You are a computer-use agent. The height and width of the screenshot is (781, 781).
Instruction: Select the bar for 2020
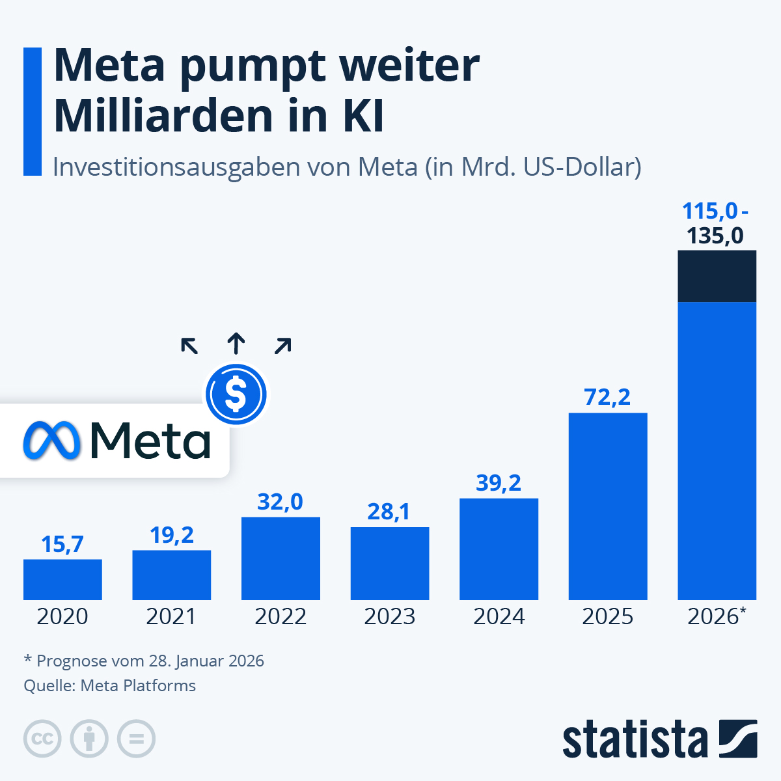pos(62,579)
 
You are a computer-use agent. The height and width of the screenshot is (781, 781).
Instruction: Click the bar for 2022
pos(281,558)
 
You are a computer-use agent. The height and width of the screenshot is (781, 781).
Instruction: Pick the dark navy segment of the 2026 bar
pos(717,276)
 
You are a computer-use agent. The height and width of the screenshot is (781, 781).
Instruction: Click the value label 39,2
pos(499,483)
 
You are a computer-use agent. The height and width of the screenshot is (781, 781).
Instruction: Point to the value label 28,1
pos(389,512)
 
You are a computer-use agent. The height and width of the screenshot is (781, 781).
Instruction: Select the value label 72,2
pos(607,397)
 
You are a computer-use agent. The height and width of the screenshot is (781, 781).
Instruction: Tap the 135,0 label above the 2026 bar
pos(715,236)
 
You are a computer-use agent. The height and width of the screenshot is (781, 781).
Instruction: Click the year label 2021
pos(171,616)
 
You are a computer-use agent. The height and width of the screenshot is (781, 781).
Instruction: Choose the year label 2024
pos(499,616)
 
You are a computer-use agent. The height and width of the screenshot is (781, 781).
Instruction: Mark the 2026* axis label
pos(716,616)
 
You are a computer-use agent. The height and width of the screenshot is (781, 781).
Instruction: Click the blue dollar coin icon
pos(236,394)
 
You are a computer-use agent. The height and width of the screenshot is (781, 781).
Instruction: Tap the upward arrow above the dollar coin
pos(236,343)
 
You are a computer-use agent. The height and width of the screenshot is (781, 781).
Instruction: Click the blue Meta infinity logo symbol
pos(52,441)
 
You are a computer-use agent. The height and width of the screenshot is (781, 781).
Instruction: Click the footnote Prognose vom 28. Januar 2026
pos(144,661)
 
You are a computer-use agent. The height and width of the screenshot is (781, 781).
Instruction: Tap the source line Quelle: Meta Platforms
pos(109,686)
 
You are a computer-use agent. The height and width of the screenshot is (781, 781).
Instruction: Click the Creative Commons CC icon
pos(42,739)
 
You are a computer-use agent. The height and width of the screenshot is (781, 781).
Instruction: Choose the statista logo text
pos(635,739)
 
